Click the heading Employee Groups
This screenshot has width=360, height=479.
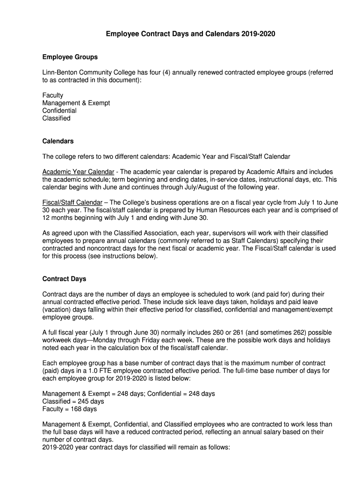[x=70, y=57]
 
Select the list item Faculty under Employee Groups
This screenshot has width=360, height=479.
[x=53, y=95]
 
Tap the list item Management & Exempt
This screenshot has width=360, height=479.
[x=76, y=103]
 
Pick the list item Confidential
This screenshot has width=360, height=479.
[x=59, y=111]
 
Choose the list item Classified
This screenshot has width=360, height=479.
[x=57, y=118]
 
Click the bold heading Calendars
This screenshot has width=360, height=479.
[x=58, y=141]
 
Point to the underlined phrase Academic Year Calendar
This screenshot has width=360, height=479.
[x=78, y=172]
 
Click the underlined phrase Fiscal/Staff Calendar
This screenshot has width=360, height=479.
[x=72, y=203]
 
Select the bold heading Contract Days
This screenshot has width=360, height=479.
[x=65, y=279]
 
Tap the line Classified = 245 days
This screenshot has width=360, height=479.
[x=73, y=401]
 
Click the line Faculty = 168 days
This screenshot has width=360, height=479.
[x=70, y=409]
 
